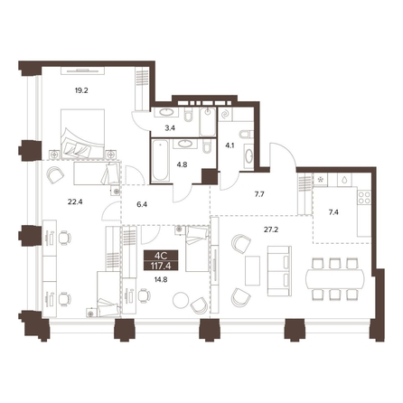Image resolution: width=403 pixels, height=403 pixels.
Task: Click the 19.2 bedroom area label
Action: (81, 90)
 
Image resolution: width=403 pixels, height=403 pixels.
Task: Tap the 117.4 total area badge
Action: (161, 266)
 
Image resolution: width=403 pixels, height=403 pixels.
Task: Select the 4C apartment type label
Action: (161, 256)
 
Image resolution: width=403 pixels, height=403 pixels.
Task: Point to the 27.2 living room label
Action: (271, 230)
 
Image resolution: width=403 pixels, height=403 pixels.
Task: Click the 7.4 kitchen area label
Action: (333, 212)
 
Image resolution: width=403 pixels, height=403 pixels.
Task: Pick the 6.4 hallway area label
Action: (142, 205)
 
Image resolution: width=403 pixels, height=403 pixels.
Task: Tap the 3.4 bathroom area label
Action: (170, 128)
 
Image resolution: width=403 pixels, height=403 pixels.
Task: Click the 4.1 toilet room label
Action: (230, 145)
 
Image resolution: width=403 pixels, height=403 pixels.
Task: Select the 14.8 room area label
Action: (161, 280)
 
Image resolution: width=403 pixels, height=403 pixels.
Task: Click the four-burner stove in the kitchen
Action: (364, 197)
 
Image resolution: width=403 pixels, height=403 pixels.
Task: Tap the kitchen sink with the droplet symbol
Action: (344, 180)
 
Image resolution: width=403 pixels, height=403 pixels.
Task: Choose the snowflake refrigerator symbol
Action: (320, 180)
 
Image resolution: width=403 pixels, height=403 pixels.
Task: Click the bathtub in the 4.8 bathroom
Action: (159, 160)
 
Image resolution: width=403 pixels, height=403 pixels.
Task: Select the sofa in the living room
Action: (279, 271)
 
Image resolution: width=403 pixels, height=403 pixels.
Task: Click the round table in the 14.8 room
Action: (181, 300)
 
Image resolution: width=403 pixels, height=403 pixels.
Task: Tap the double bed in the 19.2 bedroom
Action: (83, 134)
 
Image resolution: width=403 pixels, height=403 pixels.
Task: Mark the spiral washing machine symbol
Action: (225, 114)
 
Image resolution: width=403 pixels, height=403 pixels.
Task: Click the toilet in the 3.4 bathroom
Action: (189, 116)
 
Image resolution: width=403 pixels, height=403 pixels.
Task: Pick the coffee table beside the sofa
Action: (252, 270)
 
